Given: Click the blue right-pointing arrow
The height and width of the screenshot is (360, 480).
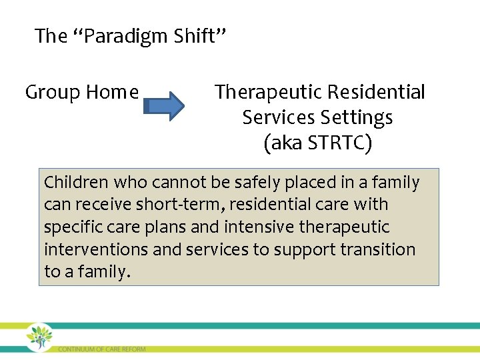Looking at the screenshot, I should (165, 105).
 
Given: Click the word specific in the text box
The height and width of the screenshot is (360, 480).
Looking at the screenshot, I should (70, 227).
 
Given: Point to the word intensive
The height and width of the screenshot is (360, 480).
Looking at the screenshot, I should (259, 227).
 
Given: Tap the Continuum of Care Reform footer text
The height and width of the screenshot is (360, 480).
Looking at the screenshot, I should (101, 349).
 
